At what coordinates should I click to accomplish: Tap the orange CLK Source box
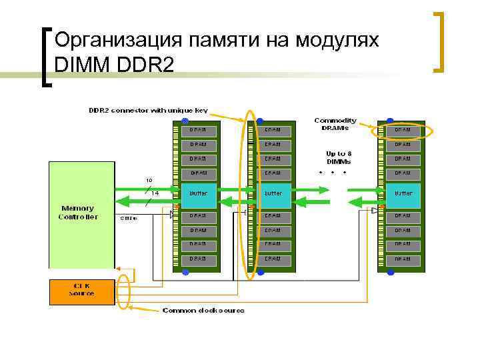click(x=83, y=290)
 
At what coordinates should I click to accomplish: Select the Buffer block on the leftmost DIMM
click(x=198, y=193)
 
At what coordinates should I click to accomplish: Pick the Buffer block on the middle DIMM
click(x=273, y=193)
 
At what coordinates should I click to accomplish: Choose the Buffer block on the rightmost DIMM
click(x=403, y=193)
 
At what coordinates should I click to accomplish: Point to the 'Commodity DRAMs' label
click(x=335, y=125)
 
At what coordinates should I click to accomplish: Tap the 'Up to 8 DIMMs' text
click(x=339, y=157)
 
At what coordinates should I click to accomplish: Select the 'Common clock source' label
click(x=203, y=311)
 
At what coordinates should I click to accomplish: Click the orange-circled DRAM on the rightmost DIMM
click(x=403, y=130)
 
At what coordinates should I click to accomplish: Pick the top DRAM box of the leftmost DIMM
click(x=198, y=129)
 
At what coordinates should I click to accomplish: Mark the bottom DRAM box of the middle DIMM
click(x=273, y=259)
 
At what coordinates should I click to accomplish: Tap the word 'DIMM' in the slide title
click(x=83, y=66)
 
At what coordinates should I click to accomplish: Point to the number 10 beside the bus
click(x=149, y=179)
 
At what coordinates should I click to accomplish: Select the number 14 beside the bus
click(x=154, y=193)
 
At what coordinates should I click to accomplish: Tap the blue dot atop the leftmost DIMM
click(x=185, y=121)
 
